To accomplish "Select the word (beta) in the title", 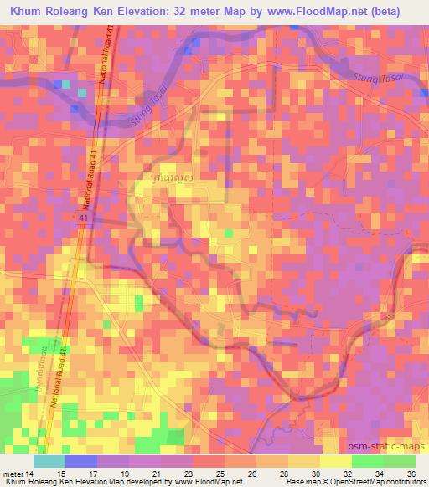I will coord(399,12).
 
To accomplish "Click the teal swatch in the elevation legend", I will coord(49,460).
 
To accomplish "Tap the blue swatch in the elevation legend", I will coord(81,460).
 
